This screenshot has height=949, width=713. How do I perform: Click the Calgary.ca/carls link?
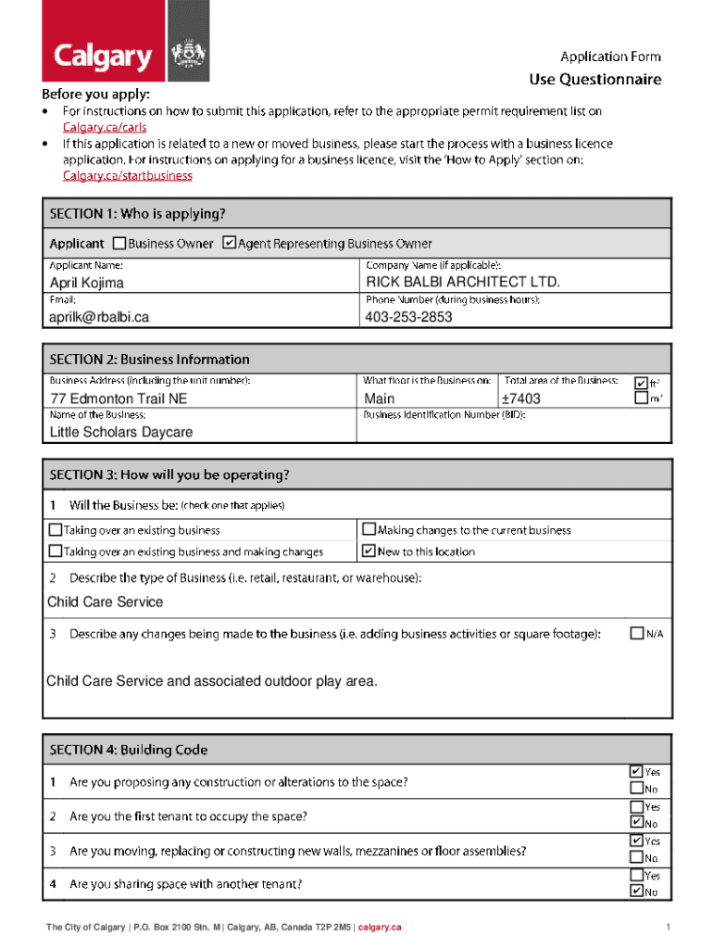(104, 127)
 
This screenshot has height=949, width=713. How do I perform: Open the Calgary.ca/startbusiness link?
(127, 175)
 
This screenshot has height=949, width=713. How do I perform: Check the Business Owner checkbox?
(119, 244)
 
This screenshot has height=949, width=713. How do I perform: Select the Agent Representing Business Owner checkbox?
(230, 244)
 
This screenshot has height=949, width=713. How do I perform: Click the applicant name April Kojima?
(86, 283)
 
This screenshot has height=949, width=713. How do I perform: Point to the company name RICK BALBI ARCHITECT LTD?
(463, 282)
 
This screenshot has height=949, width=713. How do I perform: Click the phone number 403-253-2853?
(409, 317)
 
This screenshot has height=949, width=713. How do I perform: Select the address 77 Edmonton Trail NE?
(119, 399)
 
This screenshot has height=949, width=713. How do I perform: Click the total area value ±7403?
(520, 399)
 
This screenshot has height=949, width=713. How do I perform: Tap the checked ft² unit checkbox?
(641, 382)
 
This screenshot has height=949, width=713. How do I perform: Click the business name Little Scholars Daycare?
(121, 432)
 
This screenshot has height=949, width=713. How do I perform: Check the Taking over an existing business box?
(56, 530)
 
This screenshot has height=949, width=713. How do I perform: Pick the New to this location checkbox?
(369, 551)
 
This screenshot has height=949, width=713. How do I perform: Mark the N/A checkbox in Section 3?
(636, 634)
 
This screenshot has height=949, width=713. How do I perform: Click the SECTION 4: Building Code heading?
(129, 750)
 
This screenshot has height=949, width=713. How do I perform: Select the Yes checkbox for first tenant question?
(636, 807)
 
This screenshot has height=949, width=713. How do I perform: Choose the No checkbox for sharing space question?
(636, 892)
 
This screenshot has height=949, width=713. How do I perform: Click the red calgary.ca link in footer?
(380, 927)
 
